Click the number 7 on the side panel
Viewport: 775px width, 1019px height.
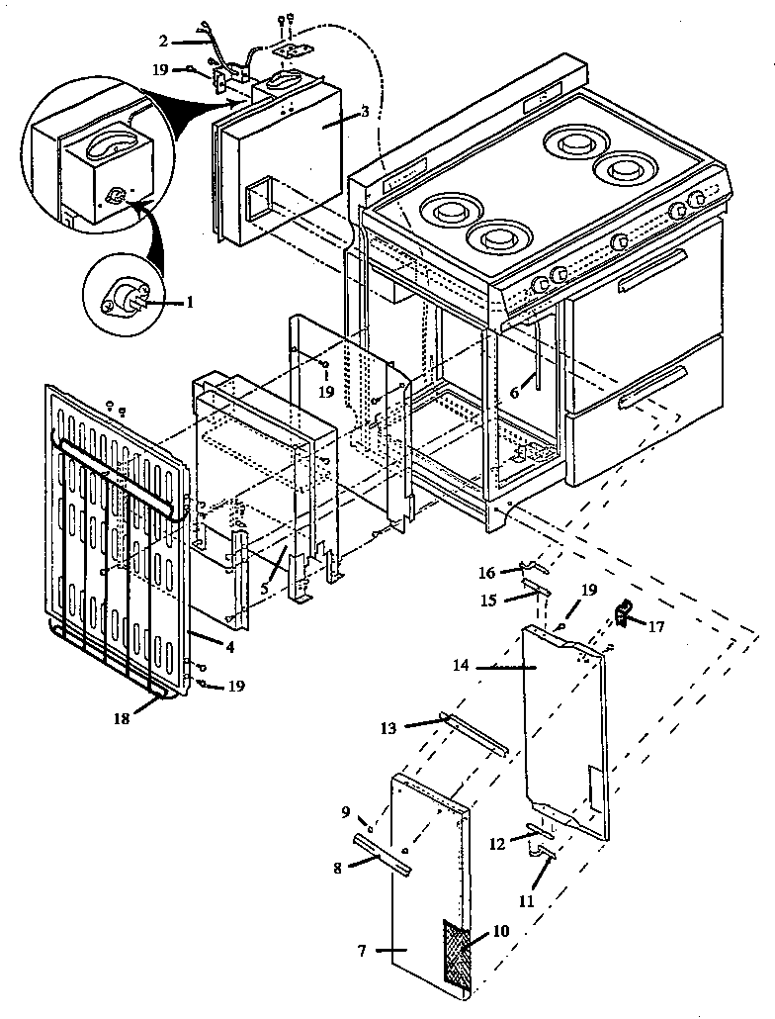[363, 950]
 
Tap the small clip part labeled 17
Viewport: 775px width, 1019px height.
[624, 615]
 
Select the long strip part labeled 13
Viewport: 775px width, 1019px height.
[474, 732]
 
